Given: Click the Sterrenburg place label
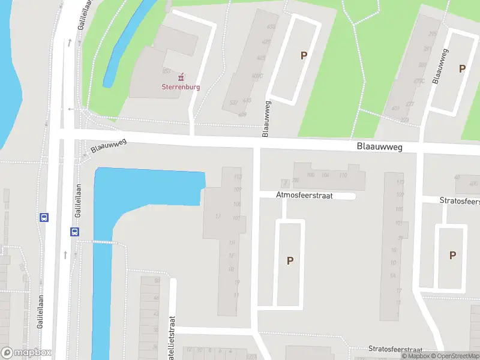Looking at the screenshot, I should tap(181, 86).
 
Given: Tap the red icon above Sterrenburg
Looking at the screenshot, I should tap(181, 77).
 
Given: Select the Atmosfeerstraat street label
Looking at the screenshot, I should tap(304, 196).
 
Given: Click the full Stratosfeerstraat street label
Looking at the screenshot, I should tap(395, 349).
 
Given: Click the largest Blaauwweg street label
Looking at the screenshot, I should tap(379, 146).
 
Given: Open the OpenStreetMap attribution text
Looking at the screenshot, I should tap(454, 356).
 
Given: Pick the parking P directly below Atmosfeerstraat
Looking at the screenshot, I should tap(290, 261).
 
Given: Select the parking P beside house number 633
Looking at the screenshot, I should tap(304, 56).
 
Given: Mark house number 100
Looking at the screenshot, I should tap(310, 175).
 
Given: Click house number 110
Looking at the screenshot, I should tap(343, 175).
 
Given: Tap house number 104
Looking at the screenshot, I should tap(325, 175).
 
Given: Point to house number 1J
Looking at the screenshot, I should tap(219, 216).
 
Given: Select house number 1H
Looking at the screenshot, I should tap(231, 242).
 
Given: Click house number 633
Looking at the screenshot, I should tap(271, 27).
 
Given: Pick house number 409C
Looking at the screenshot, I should tap(257, 76).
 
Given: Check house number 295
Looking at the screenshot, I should tap(428, 49).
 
